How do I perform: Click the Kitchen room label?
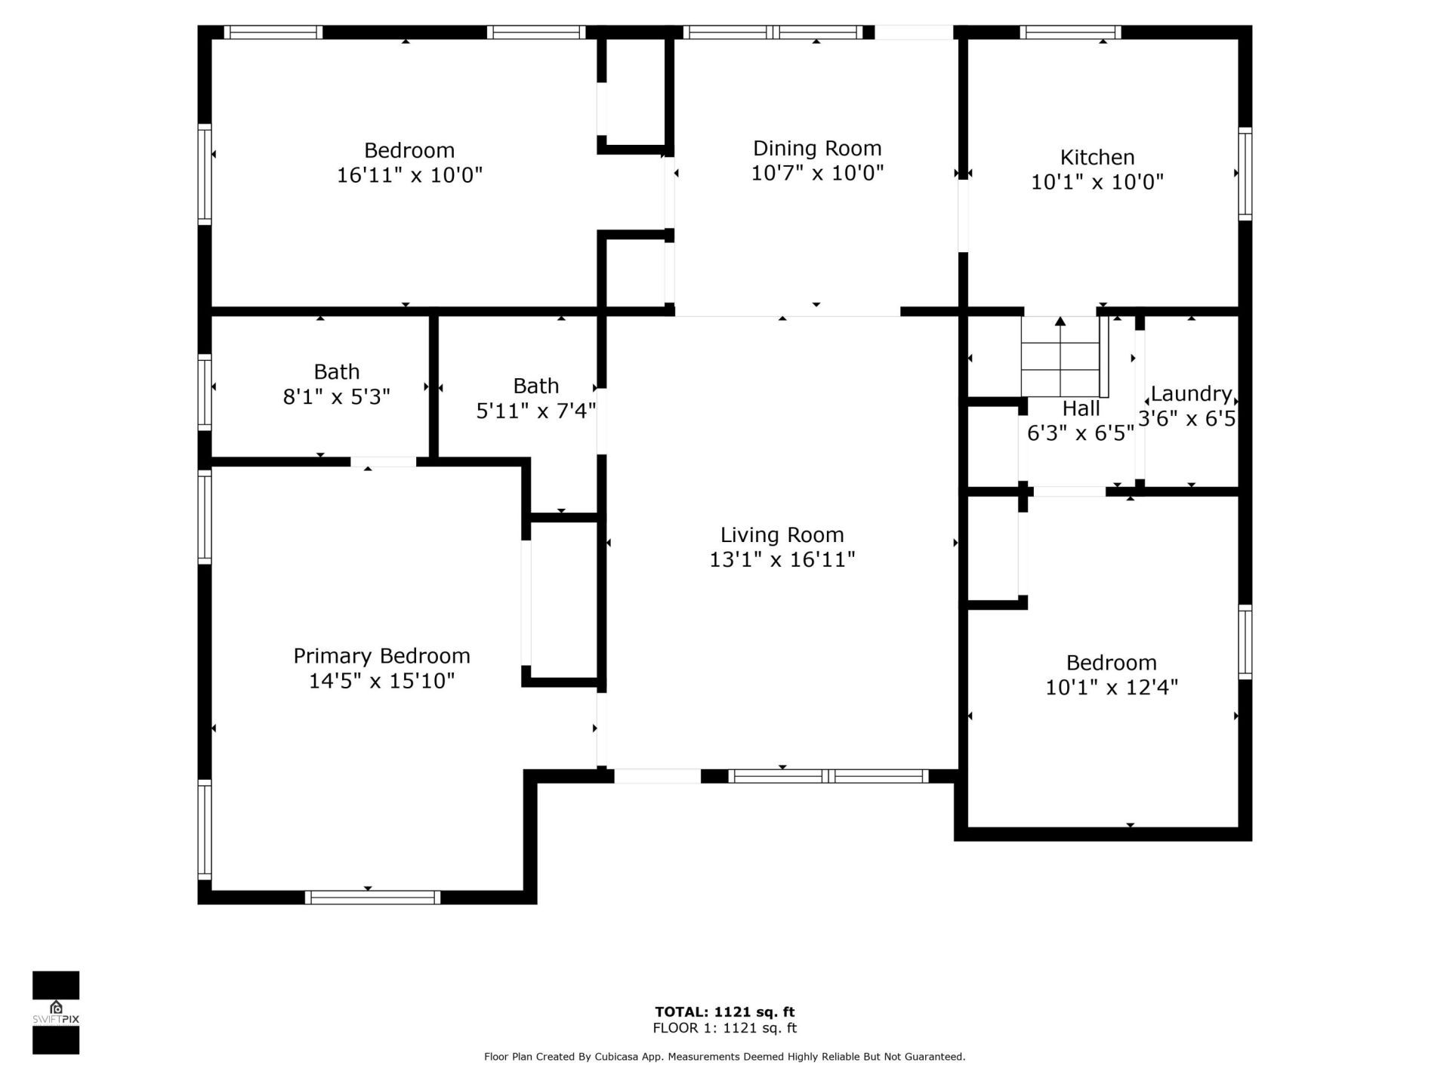pos(1097,157)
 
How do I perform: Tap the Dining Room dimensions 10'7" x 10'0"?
pos(816,173)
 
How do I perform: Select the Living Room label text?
pos(782,534)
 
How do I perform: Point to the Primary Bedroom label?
pos(381,655)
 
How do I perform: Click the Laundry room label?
pos(1191,393)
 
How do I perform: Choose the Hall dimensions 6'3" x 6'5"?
pos(1080,433)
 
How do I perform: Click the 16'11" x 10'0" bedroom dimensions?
pos(409,175)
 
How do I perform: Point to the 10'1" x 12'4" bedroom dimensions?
pos(1111,688)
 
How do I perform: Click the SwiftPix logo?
pos(56,1012)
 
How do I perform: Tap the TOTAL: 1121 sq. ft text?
pos(724,1012)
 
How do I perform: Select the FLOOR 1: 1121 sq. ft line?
pos(724,1028)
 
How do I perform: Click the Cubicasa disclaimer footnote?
pos(724,1057)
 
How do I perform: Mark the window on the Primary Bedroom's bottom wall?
pos(372,897)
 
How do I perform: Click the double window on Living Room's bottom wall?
pos(828,776)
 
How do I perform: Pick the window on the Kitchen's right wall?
pos(1245,174)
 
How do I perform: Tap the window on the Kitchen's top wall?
pos(1070,32)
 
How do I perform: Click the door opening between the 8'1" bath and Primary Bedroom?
pos(383,461)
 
